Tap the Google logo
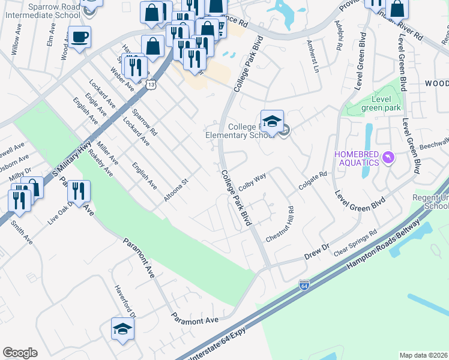click(20, 353)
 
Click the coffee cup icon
click(79, 38)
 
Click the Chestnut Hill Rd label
click(280, 224)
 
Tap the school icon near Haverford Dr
click(122, 329)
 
